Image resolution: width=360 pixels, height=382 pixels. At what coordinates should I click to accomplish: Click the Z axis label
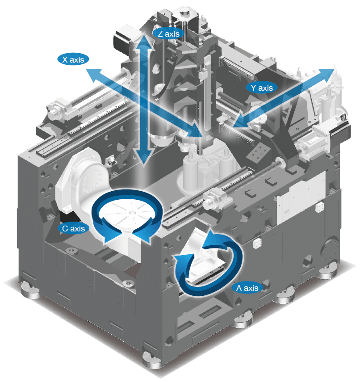point(168,34)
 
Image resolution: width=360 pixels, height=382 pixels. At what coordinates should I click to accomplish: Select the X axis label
point(73,59)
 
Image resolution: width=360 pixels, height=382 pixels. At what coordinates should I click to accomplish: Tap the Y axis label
point(262,88)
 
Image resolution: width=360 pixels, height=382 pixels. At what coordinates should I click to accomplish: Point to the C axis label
point(73,228)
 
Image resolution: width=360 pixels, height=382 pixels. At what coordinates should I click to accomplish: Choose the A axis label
point(247,288)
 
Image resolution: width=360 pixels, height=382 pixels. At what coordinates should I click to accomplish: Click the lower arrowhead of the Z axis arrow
point(144,156)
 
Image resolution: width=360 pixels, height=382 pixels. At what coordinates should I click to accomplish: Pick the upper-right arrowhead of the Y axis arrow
point(325,74)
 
